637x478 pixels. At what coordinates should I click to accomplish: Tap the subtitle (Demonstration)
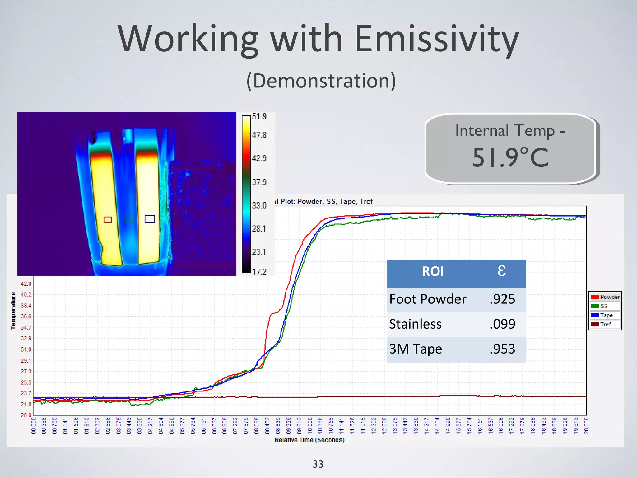(321, 81)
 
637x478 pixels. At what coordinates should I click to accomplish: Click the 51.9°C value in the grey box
(510, 157)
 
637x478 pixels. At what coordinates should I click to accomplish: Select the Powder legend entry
(605, 297)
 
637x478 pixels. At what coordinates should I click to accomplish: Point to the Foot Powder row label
(428, 299)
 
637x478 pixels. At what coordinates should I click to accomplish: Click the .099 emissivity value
(502, 324)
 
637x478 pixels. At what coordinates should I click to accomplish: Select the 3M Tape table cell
(416, 349)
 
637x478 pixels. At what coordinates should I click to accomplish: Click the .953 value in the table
(502, 349)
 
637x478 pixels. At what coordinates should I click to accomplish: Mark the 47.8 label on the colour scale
(259, 135)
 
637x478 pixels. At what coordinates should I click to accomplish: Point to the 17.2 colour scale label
(259, 272)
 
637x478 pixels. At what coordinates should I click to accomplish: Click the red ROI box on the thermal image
(108, 220)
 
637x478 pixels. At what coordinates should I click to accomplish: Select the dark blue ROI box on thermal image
(150, 219)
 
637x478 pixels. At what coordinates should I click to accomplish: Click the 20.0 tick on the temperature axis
(26, 415)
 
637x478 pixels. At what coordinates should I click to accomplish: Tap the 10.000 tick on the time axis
(310, 426)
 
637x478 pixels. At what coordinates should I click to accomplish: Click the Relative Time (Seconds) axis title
(309, 440)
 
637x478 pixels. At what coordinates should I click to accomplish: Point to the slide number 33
(318, 464)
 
